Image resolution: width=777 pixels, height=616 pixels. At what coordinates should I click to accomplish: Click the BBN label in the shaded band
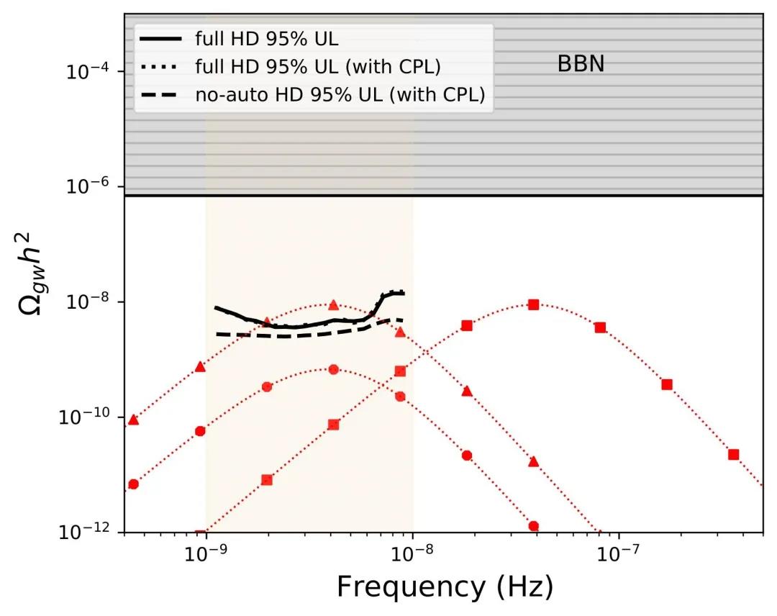pyautogui.click(x=581, y=65)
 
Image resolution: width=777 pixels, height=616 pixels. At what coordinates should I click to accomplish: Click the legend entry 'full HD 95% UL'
pyautogui.click(x=266, y=38)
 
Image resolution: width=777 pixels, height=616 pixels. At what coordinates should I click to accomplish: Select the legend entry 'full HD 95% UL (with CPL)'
pyautogui.click(x=317, y=66)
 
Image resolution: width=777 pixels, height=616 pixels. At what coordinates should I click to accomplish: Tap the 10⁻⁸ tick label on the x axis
pyautogui.click(x=413, y=555)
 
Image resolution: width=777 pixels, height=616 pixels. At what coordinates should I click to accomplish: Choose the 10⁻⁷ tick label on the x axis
pyautogui.click(x=619, y=555)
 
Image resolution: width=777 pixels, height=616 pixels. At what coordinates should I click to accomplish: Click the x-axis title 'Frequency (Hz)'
pyautogui.click(x=445, y=587)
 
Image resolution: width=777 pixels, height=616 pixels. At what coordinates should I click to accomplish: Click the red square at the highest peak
pyautogui.click(x=533, y=304)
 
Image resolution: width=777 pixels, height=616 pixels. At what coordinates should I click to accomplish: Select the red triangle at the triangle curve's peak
pyautogui.click(x=332, y=305)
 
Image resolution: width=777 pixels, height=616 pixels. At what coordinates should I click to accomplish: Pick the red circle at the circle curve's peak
pyautogui.click(x=333, y=369)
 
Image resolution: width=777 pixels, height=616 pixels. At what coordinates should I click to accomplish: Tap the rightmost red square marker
pyautogui.click(x=733, y=454)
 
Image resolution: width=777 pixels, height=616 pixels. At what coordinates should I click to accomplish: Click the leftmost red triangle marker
pyautogui.click(x=133, y=419)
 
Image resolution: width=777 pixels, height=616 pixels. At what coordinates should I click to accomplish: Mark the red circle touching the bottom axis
pyautogui.click(x=533, y=526)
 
